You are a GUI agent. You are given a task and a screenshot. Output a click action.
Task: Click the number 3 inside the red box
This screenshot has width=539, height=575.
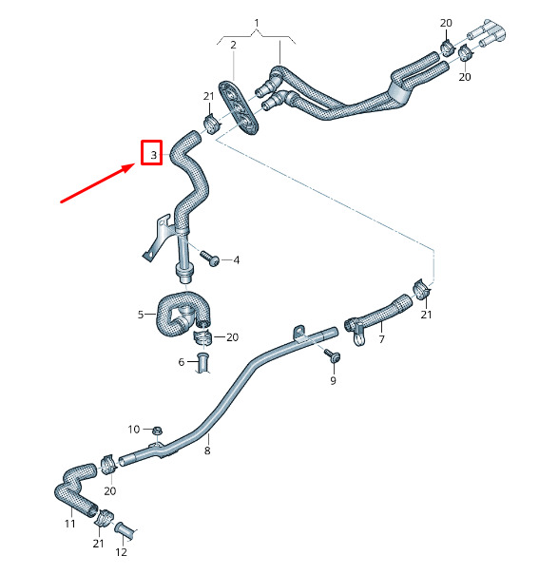[x=154, y=155]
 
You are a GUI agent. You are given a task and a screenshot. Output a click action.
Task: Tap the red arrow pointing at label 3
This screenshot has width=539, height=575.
[x=98, y=183]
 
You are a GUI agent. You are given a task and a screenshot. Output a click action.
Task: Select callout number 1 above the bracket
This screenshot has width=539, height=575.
[x=257, y=23]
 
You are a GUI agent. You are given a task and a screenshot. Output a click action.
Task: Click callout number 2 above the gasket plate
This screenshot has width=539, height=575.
[x=234, y=45]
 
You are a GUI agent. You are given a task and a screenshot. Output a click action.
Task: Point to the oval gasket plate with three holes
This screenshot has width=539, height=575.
[x=239, y=107]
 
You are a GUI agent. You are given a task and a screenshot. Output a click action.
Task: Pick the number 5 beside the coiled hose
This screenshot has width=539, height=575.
[x=141, y=315]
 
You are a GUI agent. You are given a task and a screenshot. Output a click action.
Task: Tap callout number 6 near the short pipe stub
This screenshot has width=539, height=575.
[x=182, y=362]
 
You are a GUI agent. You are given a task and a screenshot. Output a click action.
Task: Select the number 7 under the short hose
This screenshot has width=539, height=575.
[x=382, y=339]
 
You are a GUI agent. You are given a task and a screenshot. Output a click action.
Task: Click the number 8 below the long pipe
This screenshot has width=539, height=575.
[x=207, y=450]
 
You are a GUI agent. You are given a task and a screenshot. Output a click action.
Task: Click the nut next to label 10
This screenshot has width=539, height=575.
[x=157, y=431]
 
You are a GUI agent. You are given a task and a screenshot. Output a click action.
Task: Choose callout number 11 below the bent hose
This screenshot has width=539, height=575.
[x=69, y=524]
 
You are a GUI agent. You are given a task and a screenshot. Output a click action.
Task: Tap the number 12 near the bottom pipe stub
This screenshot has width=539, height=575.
[x=121, y=552]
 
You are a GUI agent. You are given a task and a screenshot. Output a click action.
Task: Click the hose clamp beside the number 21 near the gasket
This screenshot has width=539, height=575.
[x=211, y=124]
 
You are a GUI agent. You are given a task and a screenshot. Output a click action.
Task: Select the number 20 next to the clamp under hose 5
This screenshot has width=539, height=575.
[x=233, y=337]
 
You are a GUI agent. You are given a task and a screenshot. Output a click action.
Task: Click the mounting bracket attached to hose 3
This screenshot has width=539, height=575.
[x=157, y=238]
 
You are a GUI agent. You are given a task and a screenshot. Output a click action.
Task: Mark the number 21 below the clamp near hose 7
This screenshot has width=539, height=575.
[x=426, y=315]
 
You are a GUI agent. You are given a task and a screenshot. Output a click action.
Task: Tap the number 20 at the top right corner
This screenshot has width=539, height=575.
[x=446, y=23]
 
